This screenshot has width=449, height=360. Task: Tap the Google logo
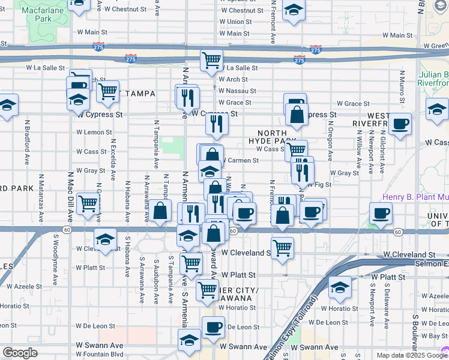(20, 353)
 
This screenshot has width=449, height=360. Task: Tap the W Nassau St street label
(237, 91)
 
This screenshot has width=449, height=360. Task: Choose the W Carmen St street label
(241, 160)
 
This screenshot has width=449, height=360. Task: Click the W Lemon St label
(94, 132)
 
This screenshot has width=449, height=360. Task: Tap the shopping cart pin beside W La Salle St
(211, 60)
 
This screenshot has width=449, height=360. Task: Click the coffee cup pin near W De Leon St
(213, 327)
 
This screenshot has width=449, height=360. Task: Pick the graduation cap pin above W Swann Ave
(190, 340)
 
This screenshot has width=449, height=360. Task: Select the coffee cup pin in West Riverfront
(400, 124)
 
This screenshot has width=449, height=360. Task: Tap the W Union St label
(235, 22)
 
